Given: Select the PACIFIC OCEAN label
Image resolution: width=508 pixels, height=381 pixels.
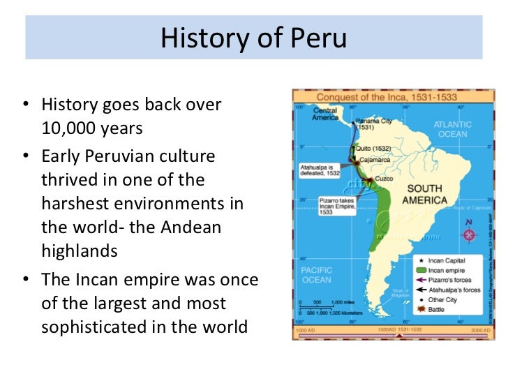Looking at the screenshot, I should tap(316, 274).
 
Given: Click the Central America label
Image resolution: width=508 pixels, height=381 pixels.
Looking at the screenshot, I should tap(325, 114).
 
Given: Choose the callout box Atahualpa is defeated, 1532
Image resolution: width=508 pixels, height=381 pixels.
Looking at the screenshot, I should tap(319, 171).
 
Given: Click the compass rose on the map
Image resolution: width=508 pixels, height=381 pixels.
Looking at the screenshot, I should tap(468, 234).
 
